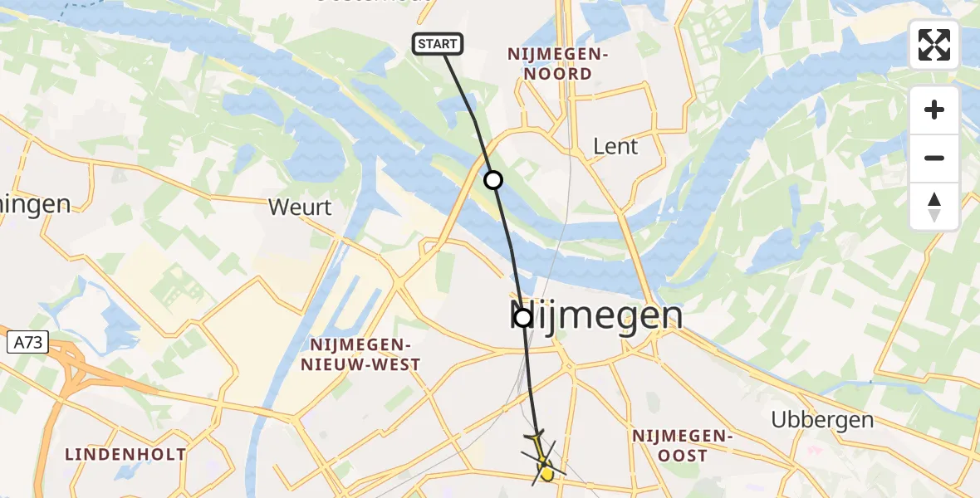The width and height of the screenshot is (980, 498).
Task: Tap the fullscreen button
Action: (934, 45)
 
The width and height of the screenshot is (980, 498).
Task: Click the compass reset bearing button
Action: (934, 207)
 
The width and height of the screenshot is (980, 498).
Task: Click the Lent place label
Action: (615, 147)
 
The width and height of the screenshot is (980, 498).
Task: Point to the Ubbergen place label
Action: (822, 419)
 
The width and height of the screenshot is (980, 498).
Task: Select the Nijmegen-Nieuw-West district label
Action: (365, 354)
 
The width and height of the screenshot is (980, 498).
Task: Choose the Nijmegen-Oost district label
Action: (681, 445)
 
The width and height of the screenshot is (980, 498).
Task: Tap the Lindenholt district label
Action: (126, 454)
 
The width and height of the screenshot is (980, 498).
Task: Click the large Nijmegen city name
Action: (595, 316)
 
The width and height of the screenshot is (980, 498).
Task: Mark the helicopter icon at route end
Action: (541, 452)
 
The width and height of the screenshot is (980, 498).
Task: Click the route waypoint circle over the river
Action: (493, 179)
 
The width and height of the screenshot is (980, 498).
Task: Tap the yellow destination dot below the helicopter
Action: (546, 474)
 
